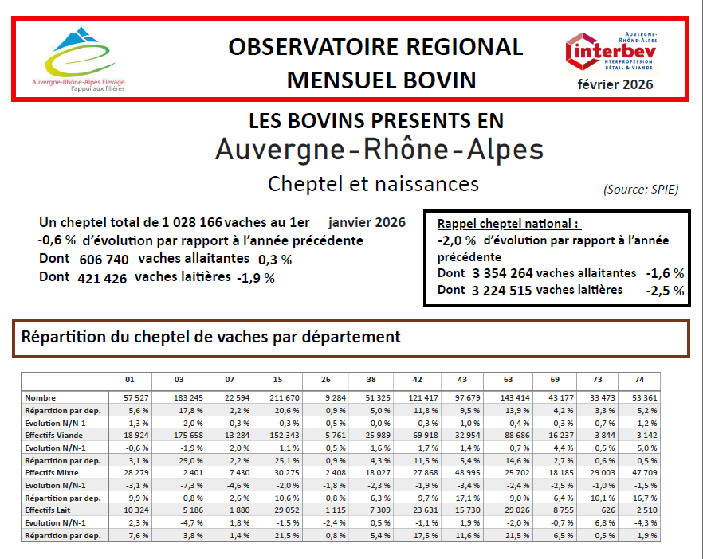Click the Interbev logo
point(611,52)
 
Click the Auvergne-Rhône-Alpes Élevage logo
point(78,59)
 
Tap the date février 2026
point(615,84)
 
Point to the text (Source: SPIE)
point(641,190)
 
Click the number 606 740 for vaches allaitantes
point(104,260)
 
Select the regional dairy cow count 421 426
point(102,278)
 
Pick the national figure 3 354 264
point(503,273)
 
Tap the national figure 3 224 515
point(501,291)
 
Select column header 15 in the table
point(277,380)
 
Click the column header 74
point(639,380)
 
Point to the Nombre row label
point(41,398)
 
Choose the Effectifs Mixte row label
point(52,472)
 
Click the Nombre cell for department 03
point(188,398)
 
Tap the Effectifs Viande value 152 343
point(285,435)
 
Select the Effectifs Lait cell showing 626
point(608,510)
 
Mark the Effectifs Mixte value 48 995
point(468,472)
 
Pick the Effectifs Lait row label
point(48,510)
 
